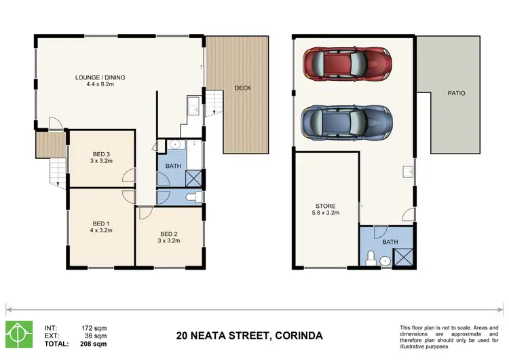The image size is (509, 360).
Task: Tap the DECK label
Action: pyautogui.click(x=243, y=88)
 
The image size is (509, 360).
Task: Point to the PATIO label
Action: pyautogui.click(x=455, y=92)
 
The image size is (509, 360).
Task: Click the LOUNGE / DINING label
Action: pyautogui.click(x=100, y=77)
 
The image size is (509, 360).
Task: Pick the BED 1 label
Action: pyautogui.click(x=101, y=223)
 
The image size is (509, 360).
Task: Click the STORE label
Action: pyautogui.click(x=326, y=206)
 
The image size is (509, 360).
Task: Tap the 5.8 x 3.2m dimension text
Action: pyautogui.click(x=326, y=213)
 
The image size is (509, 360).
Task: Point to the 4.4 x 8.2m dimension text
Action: pyautogui.click(x=100, y=85)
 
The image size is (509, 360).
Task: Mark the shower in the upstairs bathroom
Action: pyautogui.click(x=194, y=178)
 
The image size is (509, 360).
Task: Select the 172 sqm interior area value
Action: pyautogui.click(x=94, y=327)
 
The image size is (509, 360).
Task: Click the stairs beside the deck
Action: pyautogui.click(x=214, y=103)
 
